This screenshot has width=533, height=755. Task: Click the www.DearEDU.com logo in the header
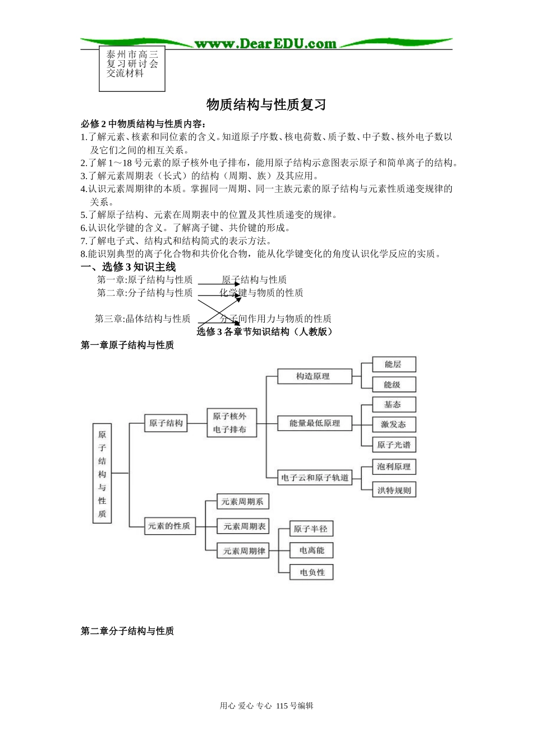pyautogui.click(x=265, y=44)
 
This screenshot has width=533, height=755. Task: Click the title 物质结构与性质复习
pyautogui.click(x=266, y=105)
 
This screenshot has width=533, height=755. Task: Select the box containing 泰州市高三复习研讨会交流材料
pyautogui.click(x=132, y=68)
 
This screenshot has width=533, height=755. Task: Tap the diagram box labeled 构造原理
pyautogui.click(x=314, y=376)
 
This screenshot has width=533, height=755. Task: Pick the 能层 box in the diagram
pyautogui.click(x=394, y=365)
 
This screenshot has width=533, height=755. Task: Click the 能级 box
pyautogui.click(x=394, y=385)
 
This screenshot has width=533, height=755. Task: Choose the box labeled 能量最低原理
pyautogui.click(x=314, y=424)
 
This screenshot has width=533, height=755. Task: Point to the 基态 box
pyautogui.click(x=394, y=405)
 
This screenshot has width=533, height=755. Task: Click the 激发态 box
pyautogui.click(x=394, y=425)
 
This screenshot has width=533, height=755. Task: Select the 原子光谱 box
pyautogui.click(x=394, y=445)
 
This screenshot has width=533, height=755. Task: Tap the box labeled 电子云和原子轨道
pyautogui.click(x=314, y=478)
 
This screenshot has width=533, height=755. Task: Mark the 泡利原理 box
pyautogui.click(x=394, y=467)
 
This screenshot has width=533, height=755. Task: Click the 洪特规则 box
pyautogui.click(x=394, y=490)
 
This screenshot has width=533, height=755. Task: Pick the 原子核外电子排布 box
pyautogui.click(x=231, y=423)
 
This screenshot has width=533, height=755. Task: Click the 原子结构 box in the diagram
pyautogui.click(x=166, y=424)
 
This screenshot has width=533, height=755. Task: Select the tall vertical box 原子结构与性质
pyautogui.click(x=102, y=474)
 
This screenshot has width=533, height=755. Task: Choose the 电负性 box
pyautogui.click(x=312, y=572)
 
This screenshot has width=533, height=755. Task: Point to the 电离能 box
pyautogui.click(x=312, y=551)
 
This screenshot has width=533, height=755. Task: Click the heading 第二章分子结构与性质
pyautogui.click(x=127, y=631)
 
